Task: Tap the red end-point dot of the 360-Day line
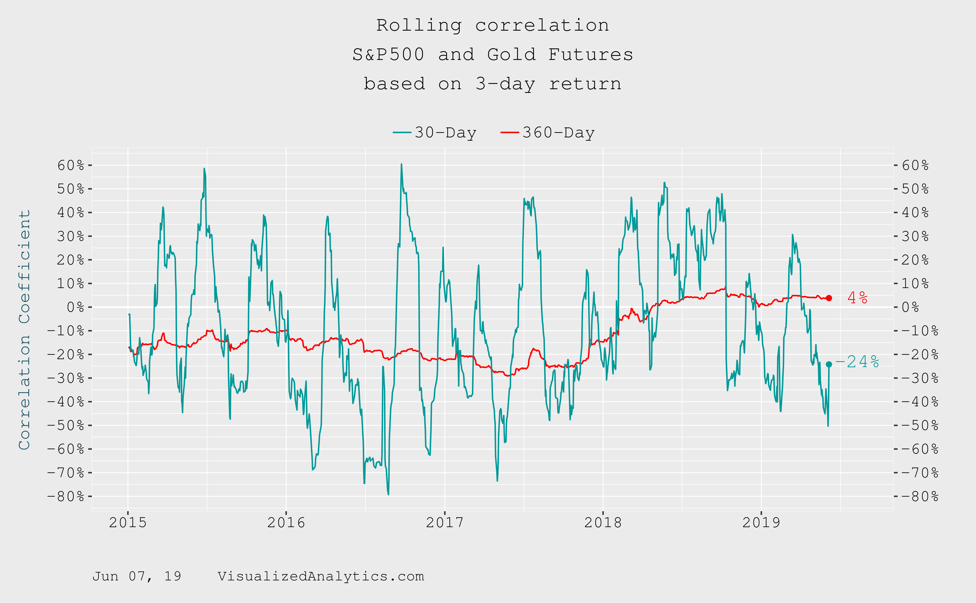(x=829, y=298)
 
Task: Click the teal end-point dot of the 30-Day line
(x=829, y=364)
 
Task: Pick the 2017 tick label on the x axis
(x=445, y=522)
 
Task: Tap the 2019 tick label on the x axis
(x=761, y=522)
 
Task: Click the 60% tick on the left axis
(x=71, y=165)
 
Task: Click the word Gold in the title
(x=511, y=55)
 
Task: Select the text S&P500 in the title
(x=388, y=55)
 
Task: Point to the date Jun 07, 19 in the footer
(x=137, y=576)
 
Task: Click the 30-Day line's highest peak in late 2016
(x=401, y=164)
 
